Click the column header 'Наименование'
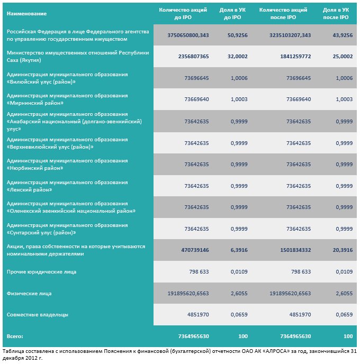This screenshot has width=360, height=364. click(26, 14)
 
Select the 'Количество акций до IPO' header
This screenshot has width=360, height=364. click(183, 13)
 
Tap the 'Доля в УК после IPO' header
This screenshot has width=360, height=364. click(336, 13)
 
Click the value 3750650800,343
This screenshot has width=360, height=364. click(188, 35)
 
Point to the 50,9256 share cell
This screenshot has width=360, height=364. click(238, 35)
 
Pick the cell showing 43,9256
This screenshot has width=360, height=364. click(343, 35)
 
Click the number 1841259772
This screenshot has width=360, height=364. click(295, 57)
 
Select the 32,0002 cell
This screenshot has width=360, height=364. click(238, 57)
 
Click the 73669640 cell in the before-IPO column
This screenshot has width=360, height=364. click(196, 99)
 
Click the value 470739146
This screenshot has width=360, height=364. click(195, 250)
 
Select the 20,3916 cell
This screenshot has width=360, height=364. click(343, 250)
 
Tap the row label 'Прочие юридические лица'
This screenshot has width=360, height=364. click(41, 272)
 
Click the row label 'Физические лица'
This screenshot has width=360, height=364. click(29, 294)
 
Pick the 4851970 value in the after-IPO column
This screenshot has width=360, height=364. click(300, 315)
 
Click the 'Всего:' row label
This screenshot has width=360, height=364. click(15, 336)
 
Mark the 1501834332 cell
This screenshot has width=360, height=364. click(295, 250)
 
